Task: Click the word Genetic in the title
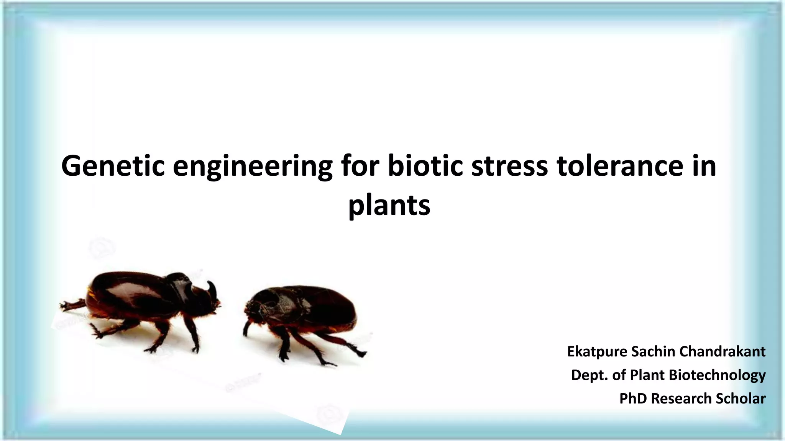pyautogui.click(x=113, y=166)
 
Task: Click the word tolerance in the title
pyautogui.click(x=620, y=166)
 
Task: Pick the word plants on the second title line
pyautogui.click(x=389, y=206)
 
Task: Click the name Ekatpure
pyautogui.click(x=597, y=351)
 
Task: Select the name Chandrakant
pyautogui.click(x=722, y=351)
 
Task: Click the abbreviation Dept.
pyautogui.click(x=590, y=375)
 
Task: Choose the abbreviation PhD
pyautogui.click(x=633, y=399)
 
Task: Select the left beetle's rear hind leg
pyautogui.click(x=73, y=305)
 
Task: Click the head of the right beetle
pyautogui.click(x=253, y=306)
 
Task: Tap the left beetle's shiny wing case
pyautogui.click(x=126, y=295)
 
